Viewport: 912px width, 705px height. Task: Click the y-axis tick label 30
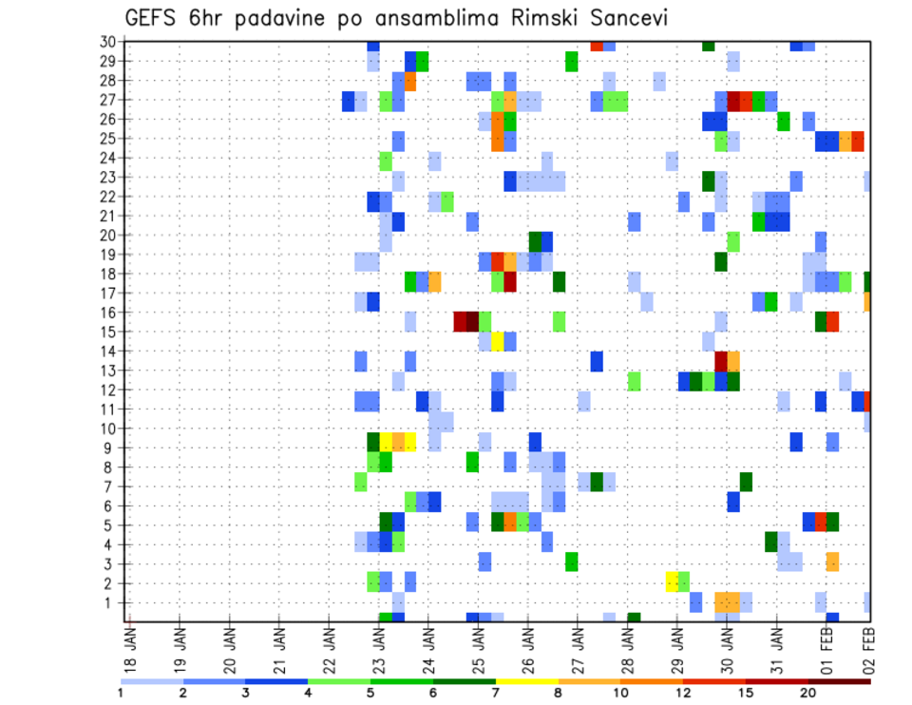coord(106,42)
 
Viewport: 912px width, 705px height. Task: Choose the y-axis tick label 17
coord(106,293)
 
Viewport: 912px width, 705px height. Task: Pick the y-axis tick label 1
coord(110,602)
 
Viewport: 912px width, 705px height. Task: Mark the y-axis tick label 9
coord(110,448)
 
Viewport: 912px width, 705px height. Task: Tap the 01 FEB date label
coord(826,646)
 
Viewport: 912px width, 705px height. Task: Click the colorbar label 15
coord(746,693)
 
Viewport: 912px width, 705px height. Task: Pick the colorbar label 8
coord(559,693)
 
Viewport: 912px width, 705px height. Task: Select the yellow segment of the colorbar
coord(526,680)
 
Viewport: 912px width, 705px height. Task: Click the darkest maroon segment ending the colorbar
coord(839,680)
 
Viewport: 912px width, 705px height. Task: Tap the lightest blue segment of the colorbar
coord(151,680)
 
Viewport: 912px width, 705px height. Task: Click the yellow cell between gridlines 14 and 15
coord(497,341)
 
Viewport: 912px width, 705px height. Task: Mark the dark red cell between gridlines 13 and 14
coord(720,361)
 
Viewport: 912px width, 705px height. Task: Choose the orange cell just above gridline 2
coord(832,562)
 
